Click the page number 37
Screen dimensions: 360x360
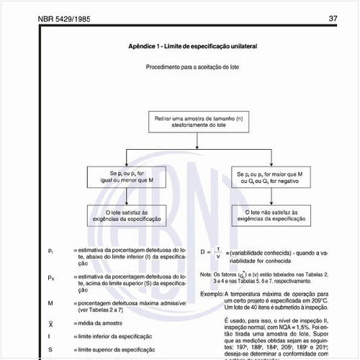tap(333, 18)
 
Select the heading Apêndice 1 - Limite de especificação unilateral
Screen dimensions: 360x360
tap(192, 46)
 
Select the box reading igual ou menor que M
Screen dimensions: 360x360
tap(126, 177)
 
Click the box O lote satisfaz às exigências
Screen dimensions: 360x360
tap(126, 217)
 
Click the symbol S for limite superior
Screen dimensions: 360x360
tap(50, 349)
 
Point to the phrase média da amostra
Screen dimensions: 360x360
tap(97, 324)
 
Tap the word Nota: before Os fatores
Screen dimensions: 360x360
tap(207, 274)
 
